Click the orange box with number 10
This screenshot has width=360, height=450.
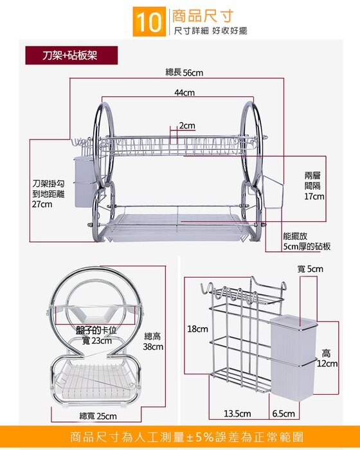pyautogui.click(x=149, y=22)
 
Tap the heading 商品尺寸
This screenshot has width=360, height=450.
pyautogui.click(x=203, y=16)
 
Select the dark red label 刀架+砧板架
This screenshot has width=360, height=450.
pyautogui.click(x=71, y=55)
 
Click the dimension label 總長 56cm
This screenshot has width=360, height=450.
pyautogui.click(x=184, y=73)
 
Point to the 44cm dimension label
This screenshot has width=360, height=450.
pyautogui.click(x=184, y=93)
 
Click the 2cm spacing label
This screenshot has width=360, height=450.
pyautogui.click(x=187, y=126)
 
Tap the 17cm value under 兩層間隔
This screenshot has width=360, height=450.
pyautogui.click(x=314, y=197)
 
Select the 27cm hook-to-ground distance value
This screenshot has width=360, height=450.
pyautogui.click(x=42, y=204)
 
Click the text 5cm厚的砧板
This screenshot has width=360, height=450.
pyautogui.click(x=307, y=246)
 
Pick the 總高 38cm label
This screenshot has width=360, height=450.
pyautogui.click(x=153, y=341)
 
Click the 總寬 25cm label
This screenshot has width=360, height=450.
pyautogui.click(x=98, y=416)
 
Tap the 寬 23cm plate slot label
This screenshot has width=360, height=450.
pyautogui.click(x=96, y=341)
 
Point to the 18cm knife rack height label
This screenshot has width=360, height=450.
pyautogui.click(x=197, y=329)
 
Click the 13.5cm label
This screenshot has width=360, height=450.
pyautogui.click(x=237, y=413)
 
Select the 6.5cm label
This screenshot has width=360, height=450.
pyautogui.click(x=283, y=413)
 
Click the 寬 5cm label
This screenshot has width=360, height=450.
pyautogui.click(x=310, y=269)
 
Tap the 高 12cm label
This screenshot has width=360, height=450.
pyautogui.click(x=327, y=358)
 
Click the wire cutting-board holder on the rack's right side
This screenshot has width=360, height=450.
pyautogui.click(x=273, y=193)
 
